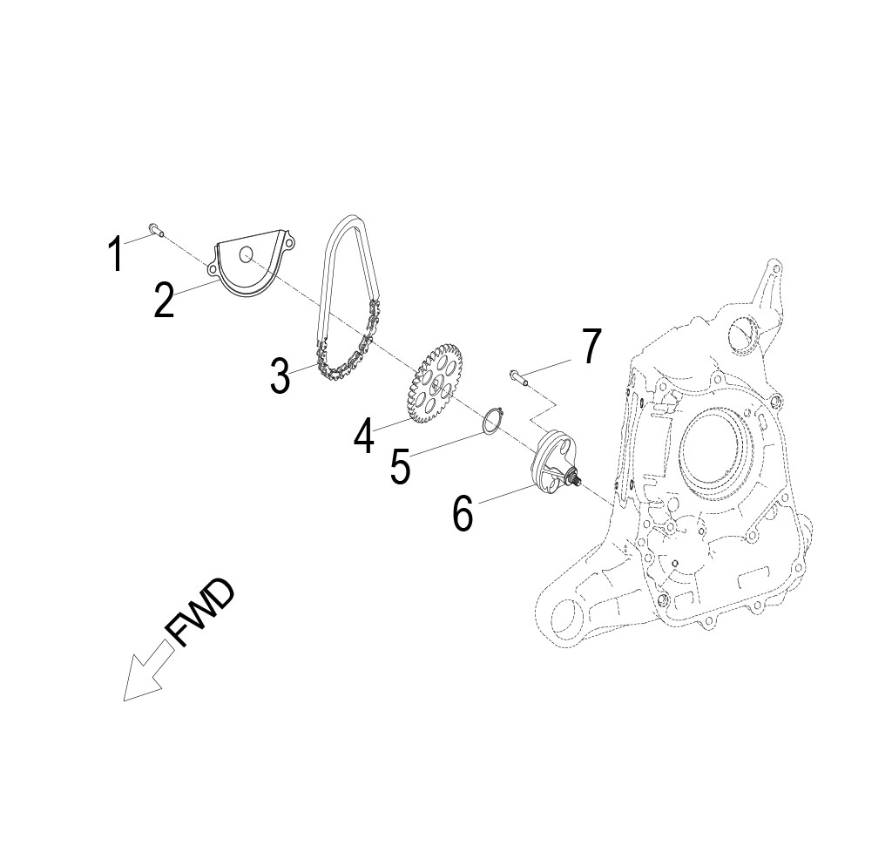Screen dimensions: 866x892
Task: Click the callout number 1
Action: (x=115, y=254)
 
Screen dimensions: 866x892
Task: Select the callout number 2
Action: (x=164, y=299)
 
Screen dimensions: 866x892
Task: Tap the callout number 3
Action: (x=280, y=375)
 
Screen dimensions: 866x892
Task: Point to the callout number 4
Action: (x=364, y=435)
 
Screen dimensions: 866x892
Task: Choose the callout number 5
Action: (x=400, y=467)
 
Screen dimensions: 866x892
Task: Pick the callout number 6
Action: (x=463, y=513)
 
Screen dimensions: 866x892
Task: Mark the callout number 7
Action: (x=592, y=347)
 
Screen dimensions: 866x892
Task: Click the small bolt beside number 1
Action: (x=156, y=229)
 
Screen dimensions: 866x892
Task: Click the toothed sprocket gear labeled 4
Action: (x=433, y=382)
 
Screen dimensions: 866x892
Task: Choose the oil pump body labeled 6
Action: (x=552, y=462)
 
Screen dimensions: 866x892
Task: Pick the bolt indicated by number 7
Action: (x=519, y=376)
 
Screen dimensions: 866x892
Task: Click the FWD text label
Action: (x=200, y=613)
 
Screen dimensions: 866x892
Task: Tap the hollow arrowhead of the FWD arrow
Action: (x=139, y=680)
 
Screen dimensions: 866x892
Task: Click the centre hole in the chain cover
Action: (x=247, y=254)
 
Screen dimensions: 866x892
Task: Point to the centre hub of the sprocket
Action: (x=433, y=383)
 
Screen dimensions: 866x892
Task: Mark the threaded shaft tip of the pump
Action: (x=578, y=476)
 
